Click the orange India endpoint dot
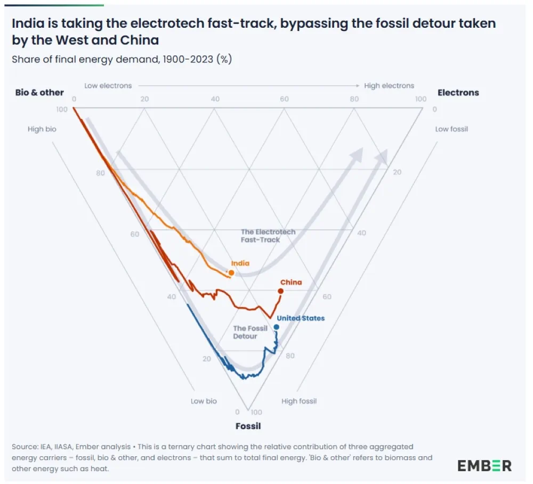click(x=231, y=272)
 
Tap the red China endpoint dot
click(x=280, y=291)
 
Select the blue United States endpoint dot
click(x=276, y=327)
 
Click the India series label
click(x=240, y=263)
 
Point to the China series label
click(x=291, y=283)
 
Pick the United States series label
click(x=301, y=318)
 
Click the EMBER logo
click(x=484, y=465)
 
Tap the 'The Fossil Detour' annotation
click(x=250, y=332)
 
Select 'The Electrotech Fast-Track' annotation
click(x=268, y=236)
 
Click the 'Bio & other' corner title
click(x=39, y=93)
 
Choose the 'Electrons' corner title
click(x=458, y=93)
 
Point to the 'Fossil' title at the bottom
click(x=248, y=426)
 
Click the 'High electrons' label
click(x=389, y=85)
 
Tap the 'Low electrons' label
click(x=108, y=85)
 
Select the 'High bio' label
click(x=42, y=129)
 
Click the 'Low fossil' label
click(x=451, y=129)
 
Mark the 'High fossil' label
click(x=298, y=401)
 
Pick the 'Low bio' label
click(x=204, y=401)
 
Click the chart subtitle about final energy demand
click(x=122, y=59)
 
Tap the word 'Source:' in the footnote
click(x=24, y=447)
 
